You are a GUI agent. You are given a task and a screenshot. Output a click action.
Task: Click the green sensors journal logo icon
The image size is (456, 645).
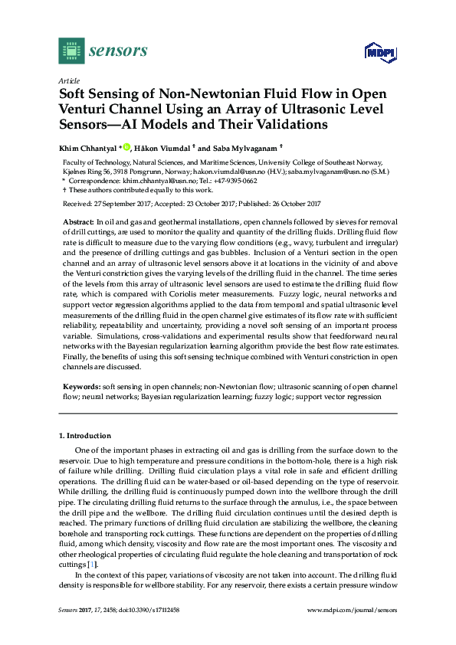pyautogui.click(x=71, y=51)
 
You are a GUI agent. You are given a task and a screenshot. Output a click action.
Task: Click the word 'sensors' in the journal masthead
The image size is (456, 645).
pyautogui.click(x=118, y=51)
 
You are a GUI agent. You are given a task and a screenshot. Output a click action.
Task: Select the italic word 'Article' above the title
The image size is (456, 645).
pyautogui.click(x=68, y=80)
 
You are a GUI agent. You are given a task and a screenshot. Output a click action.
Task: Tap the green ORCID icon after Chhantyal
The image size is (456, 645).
pyautogui.click(x=126, y=146)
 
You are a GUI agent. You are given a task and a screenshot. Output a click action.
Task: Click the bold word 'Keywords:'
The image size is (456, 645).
pyautogui.click(x=80, y=389)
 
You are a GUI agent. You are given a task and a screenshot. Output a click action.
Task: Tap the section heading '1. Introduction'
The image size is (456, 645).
pyautogui.click(x=85, y=435)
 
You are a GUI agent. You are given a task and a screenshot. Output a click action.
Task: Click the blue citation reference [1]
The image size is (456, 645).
pyautogui.click(x=91, y=565)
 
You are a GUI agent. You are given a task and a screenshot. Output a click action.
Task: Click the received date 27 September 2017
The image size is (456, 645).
pyautogui.click(x=114, y=203)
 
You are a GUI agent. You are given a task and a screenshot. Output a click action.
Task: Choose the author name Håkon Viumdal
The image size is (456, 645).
pyautogui.click(x=169, y=147)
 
